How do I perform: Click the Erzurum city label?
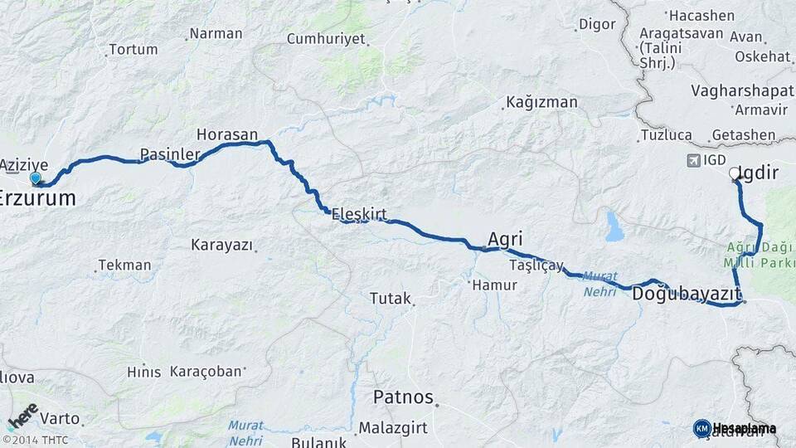[38, 198]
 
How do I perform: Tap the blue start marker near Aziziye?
[35, 178]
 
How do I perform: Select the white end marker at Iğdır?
[734, 174]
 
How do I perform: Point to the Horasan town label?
[227, 134]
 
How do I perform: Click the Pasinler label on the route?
[170, 154]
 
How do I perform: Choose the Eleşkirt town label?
[359, 214]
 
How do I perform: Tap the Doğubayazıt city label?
[686, 295]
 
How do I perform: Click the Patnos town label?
[403, 397]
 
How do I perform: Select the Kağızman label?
[541, 102]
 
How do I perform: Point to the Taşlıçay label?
[536, 265]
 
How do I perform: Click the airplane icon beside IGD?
[692, 160]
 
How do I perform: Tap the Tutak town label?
[391, 298]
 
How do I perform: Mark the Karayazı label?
[220, 245]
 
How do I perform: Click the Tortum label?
[133, 50]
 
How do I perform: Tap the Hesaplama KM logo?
[735, 428]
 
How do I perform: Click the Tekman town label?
[124, 265]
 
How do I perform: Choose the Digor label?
[597, 24]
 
